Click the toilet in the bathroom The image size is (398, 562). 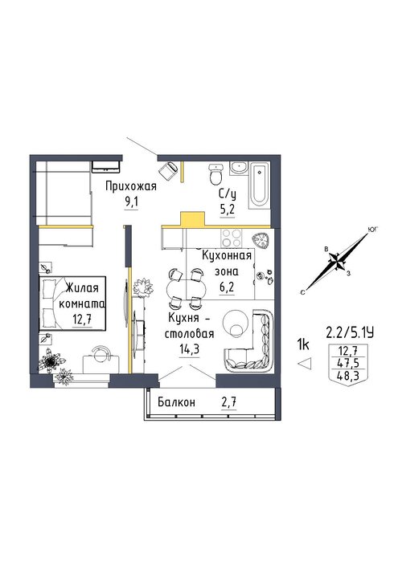[x=216, y=174]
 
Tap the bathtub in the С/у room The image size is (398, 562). [x=258, y=185]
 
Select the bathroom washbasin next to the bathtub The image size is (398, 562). [x=238, y=167]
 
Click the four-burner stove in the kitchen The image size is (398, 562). [x=231, y=238]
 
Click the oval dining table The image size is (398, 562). [x=187, y=287]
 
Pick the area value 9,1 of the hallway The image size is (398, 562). [x=131, y=202]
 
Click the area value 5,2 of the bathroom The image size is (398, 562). [x=228, y=210]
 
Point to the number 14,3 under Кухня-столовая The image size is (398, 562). [x=189, y=349]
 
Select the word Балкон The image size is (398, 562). [x=177, y=402]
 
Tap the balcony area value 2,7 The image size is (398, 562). [x=229, y=402]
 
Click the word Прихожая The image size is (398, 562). [x=131, y=187]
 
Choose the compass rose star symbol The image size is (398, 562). [x=338, y=261]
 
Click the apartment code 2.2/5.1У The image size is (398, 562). [x=350, y=333]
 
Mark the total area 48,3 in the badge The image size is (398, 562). [x=348, y=375]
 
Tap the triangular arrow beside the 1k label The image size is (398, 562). [x=305, y=364]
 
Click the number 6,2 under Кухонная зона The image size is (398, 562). [x=228, y=287]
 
